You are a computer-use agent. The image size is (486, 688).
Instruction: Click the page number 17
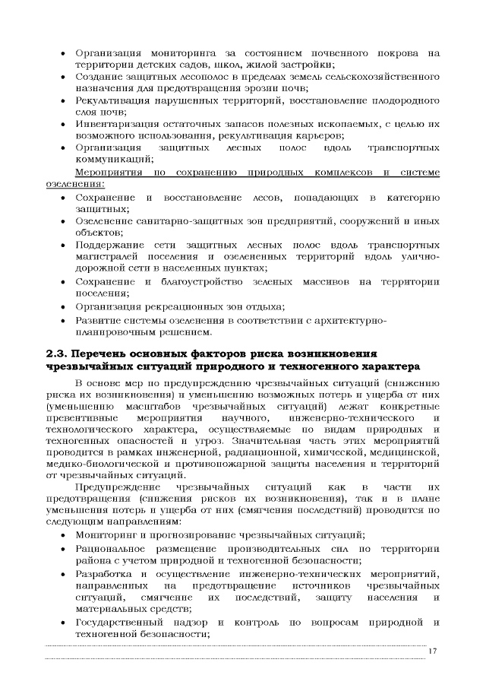[433, 652]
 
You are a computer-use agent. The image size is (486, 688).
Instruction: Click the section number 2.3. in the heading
[58, 354]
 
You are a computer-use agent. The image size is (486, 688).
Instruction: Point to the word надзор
[204, 623]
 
